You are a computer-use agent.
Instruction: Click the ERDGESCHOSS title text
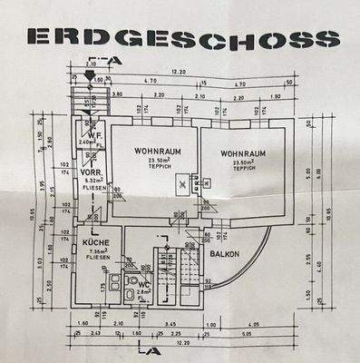tap(182, 37)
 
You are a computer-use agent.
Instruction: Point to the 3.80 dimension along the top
tap(118, 93)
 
